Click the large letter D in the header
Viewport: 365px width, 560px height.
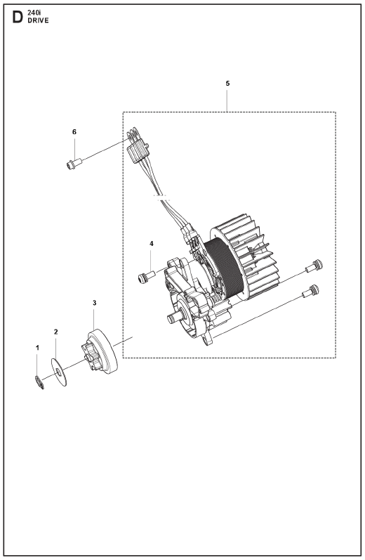(x=18, y=17)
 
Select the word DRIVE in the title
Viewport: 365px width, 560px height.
(x=38, y=20)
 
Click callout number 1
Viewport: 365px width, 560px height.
(x=37, y=348)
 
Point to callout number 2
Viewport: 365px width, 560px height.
(x=55, y=332)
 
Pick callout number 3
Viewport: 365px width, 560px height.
(x=94, y=303)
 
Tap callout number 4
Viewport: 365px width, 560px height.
(x=152, y=244)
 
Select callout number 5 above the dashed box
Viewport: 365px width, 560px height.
(x=227, y=84)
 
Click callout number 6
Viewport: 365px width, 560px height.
(x=74, y=132)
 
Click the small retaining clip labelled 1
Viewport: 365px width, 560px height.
(x=39, y=382)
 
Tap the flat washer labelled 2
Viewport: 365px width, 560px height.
(x=59, y=372)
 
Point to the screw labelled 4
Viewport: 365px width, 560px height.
(x=146, y=277)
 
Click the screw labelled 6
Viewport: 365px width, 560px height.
(x=74, y=164)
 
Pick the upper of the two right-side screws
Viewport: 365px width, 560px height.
(x=314, y=266)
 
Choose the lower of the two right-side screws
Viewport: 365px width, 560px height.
(x=310, y=291)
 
